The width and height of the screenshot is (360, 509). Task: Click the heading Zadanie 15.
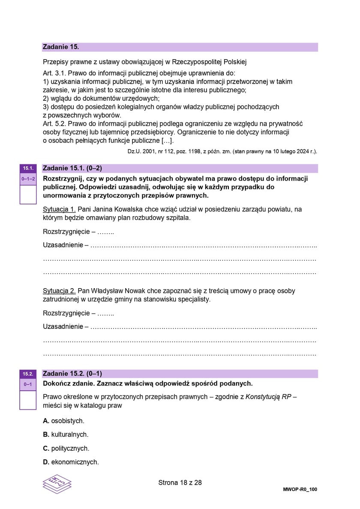[x=61, y=47]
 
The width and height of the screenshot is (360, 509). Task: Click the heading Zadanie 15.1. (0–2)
[x=72, y=168]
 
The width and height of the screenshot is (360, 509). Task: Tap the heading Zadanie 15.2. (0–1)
[x=72, y=373]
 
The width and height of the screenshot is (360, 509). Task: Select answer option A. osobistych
[x=63, y=421]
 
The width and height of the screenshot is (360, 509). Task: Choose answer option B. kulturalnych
[x=66, y=434]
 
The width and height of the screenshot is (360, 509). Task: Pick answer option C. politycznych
[x=66, y=448]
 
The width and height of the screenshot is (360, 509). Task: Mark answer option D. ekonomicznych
[x=71, y=462]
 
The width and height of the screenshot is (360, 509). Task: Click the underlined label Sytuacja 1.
[x=60, y=209]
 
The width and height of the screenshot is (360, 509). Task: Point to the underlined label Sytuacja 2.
[x=60, y=291]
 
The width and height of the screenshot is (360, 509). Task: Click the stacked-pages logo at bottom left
[x=57, y=485]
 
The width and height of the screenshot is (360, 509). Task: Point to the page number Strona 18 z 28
[x=180, y=482]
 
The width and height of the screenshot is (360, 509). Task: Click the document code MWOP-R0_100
[x=300, y=489]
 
